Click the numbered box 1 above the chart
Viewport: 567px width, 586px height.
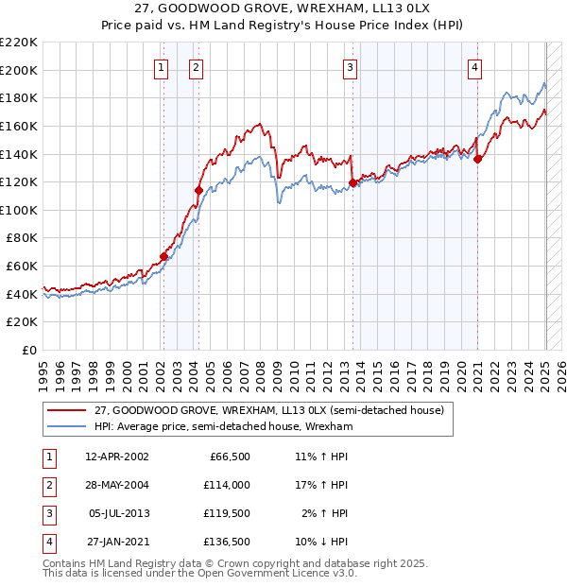point(162,67)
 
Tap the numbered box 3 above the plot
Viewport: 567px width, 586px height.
point(350,67)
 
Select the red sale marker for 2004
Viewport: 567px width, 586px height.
point(198,190)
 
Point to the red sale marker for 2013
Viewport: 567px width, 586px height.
point(352,182)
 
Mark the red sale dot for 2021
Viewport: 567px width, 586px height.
point(478,159)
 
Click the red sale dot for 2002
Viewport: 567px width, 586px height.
point(163,256)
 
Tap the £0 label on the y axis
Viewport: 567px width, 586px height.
point(28,350)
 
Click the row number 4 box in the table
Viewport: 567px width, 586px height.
point(48,542)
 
